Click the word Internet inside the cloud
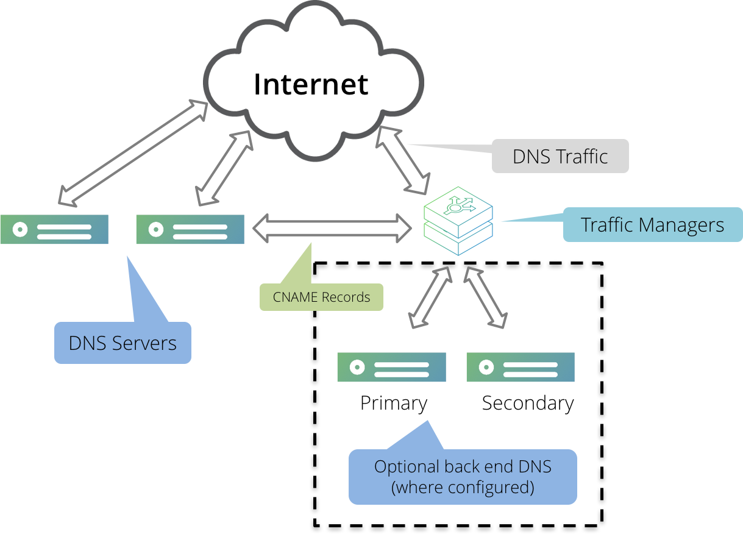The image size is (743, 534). coord(311,84)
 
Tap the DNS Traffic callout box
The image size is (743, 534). coord(560,156)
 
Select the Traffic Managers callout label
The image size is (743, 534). coord(652,225)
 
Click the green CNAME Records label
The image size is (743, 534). coord(321,297)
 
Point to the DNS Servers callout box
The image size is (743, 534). coord(123,343)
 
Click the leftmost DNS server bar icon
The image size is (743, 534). coord(54,229)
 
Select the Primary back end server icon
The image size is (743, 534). coord(391,367)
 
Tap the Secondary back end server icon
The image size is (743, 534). coord(521,367)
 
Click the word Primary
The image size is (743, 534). coord(394,404)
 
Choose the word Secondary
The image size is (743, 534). coord(528,404)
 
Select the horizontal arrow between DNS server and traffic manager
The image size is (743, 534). coord(332,228)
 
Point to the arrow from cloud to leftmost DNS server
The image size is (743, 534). coord(133,152)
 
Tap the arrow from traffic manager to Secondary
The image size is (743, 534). coord(486,297)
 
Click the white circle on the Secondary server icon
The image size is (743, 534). coord(486,367)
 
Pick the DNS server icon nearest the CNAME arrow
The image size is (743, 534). coord(190,229)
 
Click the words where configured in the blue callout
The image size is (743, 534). coord(463,488)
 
